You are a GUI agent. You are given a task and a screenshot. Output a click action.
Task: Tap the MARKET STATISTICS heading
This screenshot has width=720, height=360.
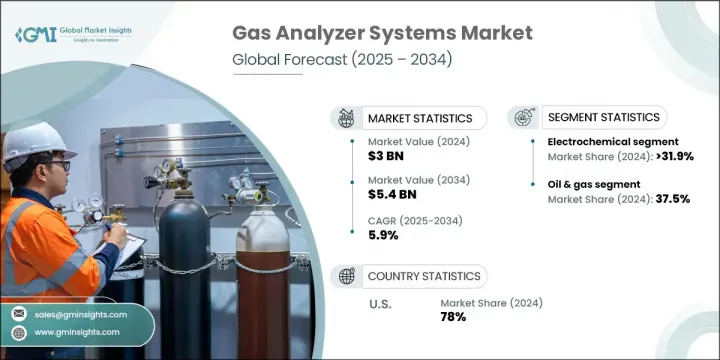[418, 118]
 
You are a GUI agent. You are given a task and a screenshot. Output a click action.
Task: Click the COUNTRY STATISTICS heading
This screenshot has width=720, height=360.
[423, 276]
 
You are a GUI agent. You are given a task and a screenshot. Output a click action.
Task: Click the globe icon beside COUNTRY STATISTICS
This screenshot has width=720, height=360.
[347, 276]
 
